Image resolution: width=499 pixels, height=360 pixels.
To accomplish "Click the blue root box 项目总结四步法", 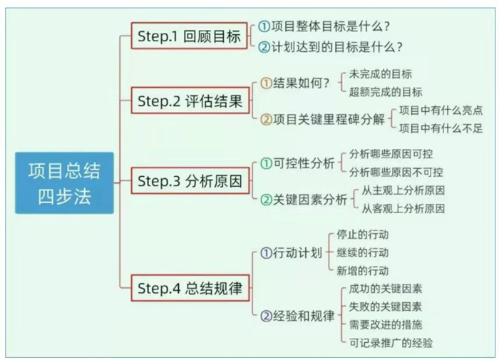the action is tap(64, 183).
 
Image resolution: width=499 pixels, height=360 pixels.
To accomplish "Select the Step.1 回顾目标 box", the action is tap(190, 36).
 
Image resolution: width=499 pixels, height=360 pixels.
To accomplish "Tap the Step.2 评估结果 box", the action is tap(190, 101).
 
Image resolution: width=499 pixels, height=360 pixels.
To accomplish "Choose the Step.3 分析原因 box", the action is tap(190, 181).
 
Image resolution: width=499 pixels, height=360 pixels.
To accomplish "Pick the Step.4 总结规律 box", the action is tap(190, 288).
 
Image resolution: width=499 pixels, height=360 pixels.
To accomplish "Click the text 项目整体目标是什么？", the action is tap(331, 26).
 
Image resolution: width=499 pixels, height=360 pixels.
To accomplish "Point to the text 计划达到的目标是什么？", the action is tap(337, 47).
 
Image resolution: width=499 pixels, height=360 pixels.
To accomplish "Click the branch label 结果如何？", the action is tap(301, 83).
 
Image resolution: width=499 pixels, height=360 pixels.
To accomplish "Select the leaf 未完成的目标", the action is tap(380, 74).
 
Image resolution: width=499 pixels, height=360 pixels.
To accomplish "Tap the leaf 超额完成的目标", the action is tap(386, 92).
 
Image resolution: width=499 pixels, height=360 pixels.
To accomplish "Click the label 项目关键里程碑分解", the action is tap(329, 119).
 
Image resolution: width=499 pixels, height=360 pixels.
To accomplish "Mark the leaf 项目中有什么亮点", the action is tap(441, 110).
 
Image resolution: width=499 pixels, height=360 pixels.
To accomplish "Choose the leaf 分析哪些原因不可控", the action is tap(396, 173).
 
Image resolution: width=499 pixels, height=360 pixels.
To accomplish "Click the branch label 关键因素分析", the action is tap(309, 200).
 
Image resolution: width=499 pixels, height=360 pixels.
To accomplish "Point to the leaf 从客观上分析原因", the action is tap(403, 209).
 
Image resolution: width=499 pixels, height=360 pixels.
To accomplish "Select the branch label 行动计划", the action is tap(297, 253).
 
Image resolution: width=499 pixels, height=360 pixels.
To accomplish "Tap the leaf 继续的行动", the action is tap(362, 253).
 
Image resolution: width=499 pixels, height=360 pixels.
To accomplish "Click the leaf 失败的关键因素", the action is tap(386, 307).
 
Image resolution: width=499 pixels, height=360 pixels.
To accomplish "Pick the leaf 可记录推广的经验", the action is tap(391, 343).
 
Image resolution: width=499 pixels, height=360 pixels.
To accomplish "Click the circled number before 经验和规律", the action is tap(266, 316).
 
